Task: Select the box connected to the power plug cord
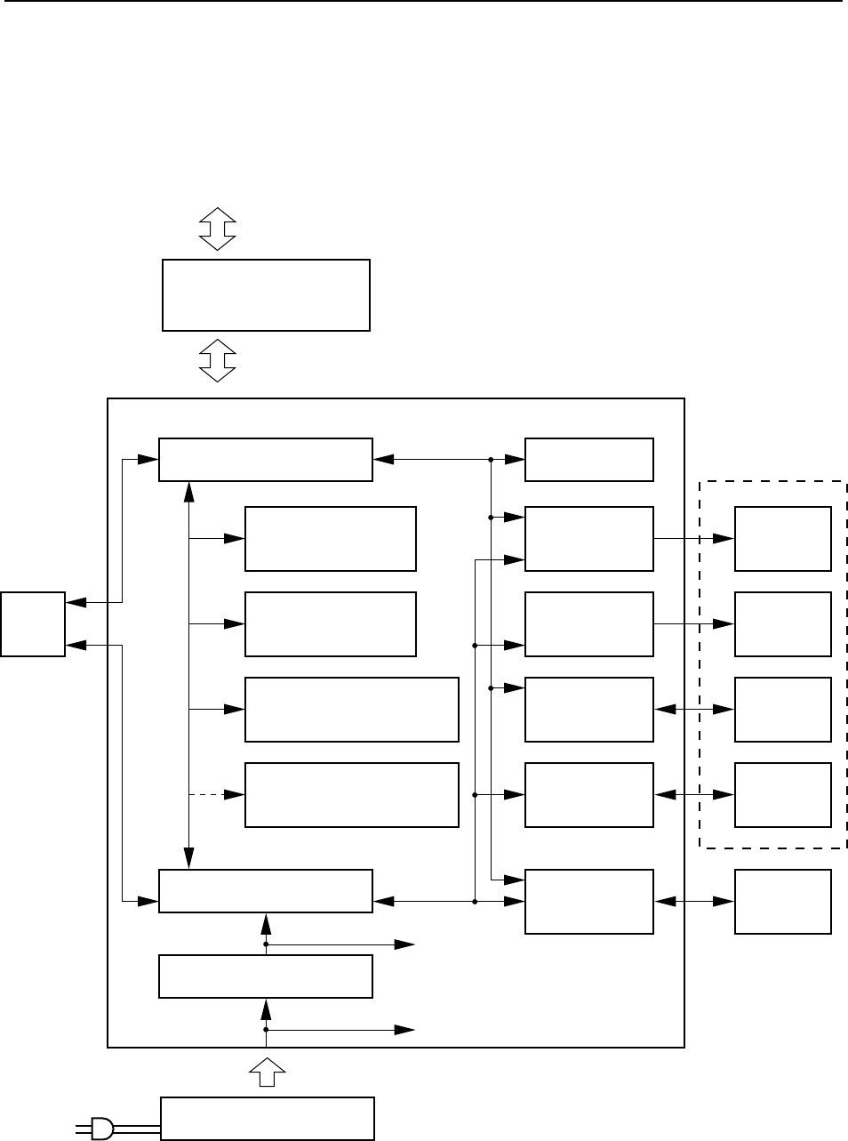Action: pyautogui.click(x=267, y=1118)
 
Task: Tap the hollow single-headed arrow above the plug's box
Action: pyautogui.click(x=266, y=1072)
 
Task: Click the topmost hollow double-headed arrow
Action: pyautogui.click(x=217, y=229)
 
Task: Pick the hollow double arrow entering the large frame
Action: pyautogui.click(x=217, y=362)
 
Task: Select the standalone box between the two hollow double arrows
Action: pyautogui.click(x=266, y=295)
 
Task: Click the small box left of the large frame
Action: pyautogui.click(x=33, y=623)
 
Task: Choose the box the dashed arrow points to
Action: pyautogui.click(x=351, y=794)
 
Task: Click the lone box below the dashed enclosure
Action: pyautogui.click(x=783, y=902)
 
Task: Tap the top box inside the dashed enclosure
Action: pyautogui.click(x=783, y=539)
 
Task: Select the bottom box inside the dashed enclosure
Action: pyautogui.click(x=783, y=794)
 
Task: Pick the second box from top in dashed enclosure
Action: pyautogui.click(x=783, y=623)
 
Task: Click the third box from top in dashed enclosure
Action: pyautogui.click(x=783, y=709)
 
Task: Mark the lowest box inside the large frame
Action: pyautogui.click(x=265, y=976)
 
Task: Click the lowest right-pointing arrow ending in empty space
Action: pyautogui.click(x=356, y=1030)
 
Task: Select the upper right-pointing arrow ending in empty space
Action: pyautogui.click(x=356, y=944)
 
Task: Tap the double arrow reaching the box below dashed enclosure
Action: pyautogui.click(x=694, y=902)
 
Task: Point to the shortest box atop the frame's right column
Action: pyautogui.click(x=589, y=460)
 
